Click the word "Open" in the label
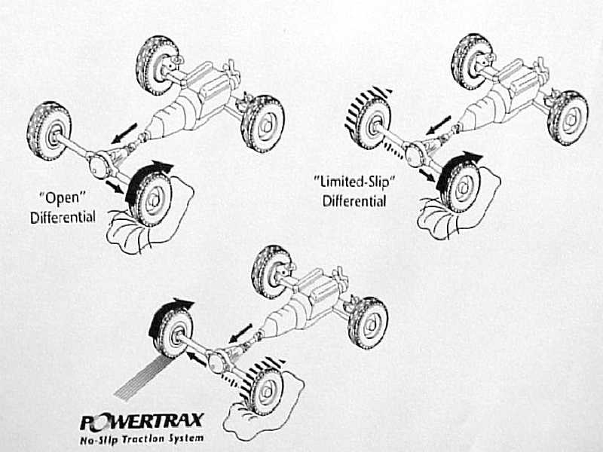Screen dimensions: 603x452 (63, 198)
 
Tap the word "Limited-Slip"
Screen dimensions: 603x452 (354, 182)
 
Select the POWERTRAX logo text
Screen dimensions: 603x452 (142, 421)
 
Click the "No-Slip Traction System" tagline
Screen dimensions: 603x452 (142, 439)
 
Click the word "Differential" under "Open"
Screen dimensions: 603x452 (63, 217)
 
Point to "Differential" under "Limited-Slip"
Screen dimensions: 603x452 (354, 200)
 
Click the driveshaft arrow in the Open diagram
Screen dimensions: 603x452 (124, 133)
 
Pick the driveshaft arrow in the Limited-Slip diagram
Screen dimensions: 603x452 (438, 125)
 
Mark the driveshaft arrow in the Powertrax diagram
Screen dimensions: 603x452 (240, 333)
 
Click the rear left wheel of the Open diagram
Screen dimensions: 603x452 (49, 130)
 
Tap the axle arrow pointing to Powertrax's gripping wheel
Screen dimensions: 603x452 (196, 359)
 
